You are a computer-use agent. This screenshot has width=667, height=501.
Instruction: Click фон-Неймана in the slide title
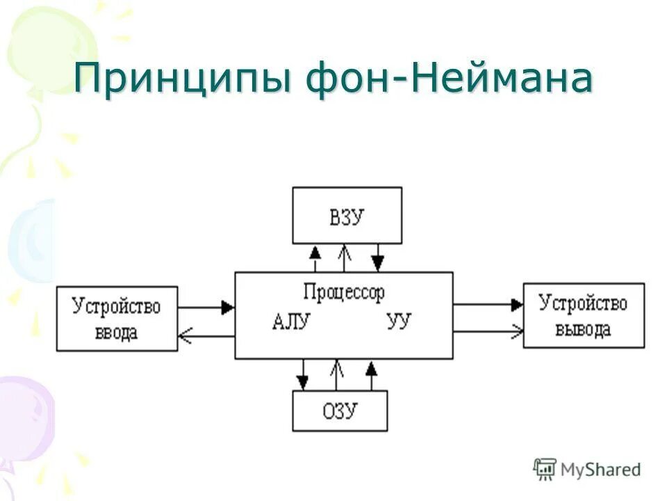click(x=448, y=78)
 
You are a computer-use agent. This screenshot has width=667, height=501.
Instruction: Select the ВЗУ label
click(x=346, y=217)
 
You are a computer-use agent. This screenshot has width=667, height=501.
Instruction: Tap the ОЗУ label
click(x=340, y=411)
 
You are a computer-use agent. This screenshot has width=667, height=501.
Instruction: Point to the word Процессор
click(x=343, y=292)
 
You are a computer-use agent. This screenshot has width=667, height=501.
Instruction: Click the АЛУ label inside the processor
click(x=291, y=321)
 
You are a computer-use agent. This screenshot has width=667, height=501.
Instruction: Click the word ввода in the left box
click(x=116, y=332)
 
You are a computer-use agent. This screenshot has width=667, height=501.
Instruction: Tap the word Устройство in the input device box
click(x=116, y=306)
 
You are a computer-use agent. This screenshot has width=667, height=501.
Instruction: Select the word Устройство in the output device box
click(x=584, y=303)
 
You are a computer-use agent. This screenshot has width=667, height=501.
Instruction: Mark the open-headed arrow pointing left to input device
click(x=185, y=337)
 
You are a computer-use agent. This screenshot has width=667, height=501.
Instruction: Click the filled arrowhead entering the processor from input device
click(x=227, y=307)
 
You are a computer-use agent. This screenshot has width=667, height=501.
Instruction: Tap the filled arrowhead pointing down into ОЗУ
click(x=302, y=383)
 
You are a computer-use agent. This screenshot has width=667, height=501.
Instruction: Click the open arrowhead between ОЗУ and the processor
click(x=337, y=365)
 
